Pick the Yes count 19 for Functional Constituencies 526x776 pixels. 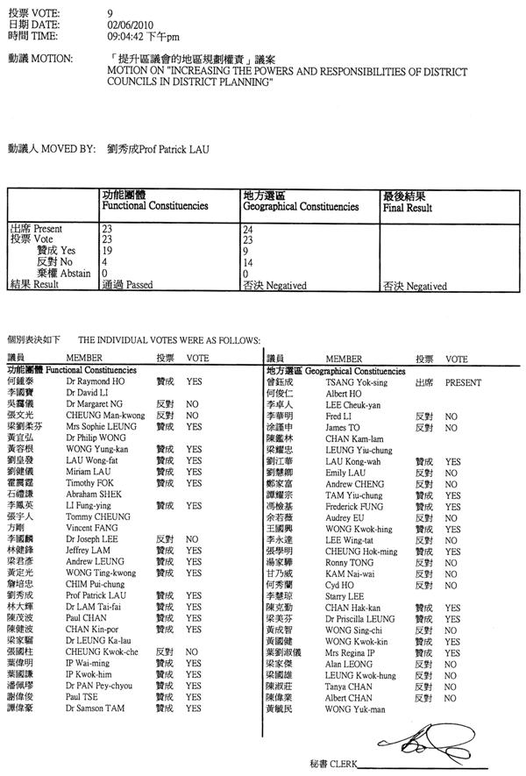pos(107,250)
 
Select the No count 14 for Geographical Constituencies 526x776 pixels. pos(248,261)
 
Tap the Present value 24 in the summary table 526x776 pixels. pos(248,228)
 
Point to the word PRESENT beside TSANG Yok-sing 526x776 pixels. pos(463,383)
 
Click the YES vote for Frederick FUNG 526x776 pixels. pos(452,505)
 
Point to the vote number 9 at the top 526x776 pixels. pos(110,14)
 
